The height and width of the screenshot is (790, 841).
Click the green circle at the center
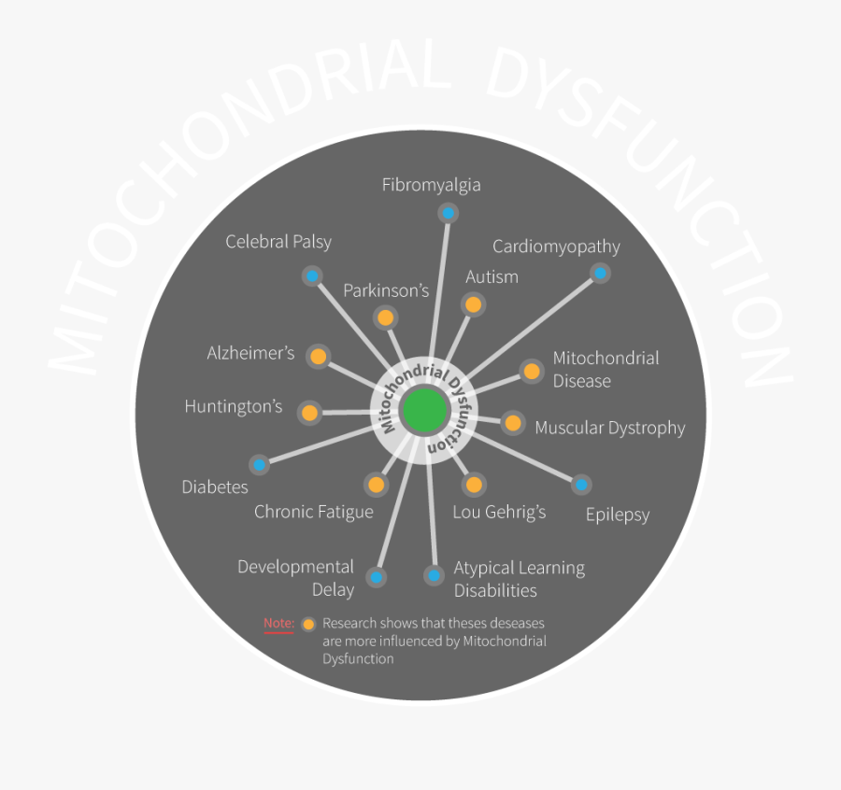click(424, 411)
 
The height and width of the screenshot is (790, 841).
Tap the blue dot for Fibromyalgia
click(448, 214)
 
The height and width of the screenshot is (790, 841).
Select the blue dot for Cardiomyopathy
click(600, 274)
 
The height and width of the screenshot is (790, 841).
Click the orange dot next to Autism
click(473, 304)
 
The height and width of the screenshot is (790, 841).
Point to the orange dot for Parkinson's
click(384, 317)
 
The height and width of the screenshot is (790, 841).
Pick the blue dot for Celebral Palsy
click(312, 275)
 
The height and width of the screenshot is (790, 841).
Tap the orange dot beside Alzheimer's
click(319, 357)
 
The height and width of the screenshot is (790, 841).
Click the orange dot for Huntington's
click(309, 412)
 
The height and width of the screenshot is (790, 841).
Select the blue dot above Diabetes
click(260, 464)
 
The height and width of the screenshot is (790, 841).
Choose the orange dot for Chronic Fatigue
click(377, 485)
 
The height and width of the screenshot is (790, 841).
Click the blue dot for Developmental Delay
click(376, 577)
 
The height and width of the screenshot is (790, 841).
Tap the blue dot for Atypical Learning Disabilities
click(434, 575)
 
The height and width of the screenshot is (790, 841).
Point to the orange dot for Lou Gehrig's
click(474, 485)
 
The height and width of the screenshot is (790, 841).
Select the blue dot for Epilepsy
click(580, 484)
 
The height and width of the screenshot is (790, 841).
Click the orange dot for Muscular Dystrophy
click(512, 423)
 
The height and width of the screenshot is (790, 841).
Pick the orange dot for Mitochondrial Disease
click(532, 372)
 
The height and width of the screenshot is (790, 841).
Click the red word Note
click(278, 623)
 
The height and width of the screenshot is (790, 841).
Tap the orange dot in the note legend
click(308, 624)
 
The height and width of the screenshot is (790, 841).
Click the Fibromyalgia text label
click(431, 185)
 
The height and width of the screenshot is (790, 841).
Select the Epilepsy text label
click(617, 515)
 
